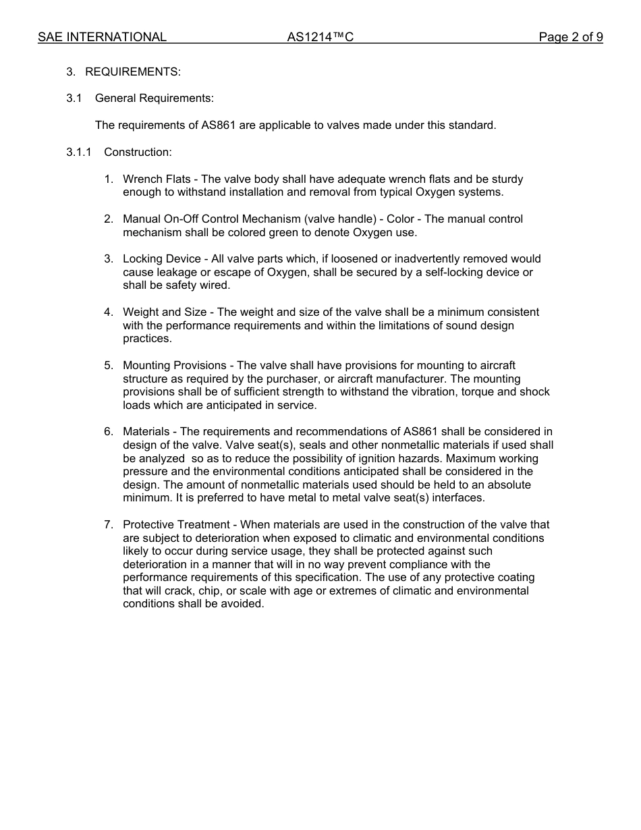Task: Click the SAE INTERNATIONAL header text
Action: [102, 37]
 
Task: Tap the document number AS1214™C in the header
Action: [320, 37]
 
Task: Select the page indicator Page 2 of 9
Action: [570, 37]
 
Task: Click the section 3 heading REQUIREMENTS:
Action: [133, 72]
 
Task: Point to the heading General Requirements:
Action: [155, 99]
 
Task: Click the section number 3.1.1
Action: [79, 153]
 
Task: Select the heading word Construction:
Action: [138, 153]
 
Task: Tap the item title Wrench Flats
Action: [157, 179]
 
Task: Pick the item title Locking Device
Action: [162, 259]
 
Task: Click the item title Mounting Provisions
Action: [175, 366]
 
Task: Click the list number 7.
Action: [108, 525]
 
